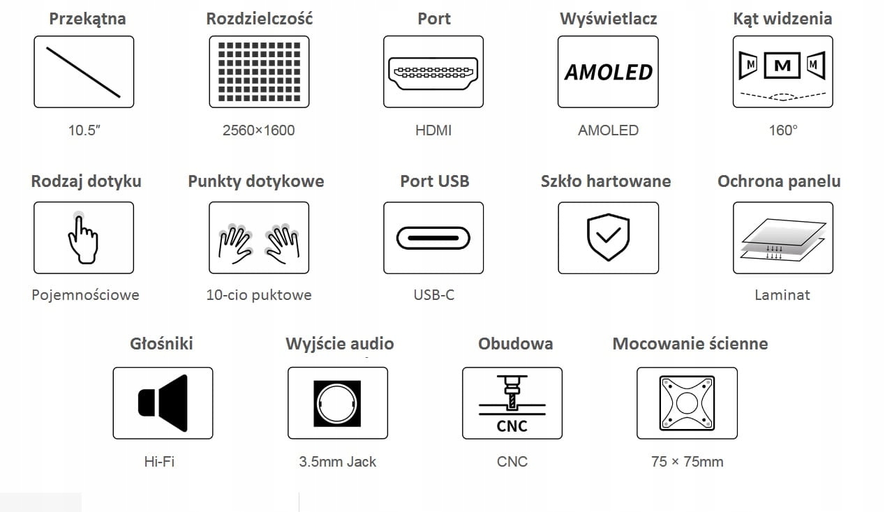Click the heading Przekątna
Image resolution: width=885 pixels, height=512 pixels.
87,19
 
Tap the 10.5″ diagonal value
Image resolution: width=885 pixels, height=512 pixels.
84,130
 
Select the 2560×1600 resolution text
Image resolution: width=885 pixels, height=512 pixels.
259,130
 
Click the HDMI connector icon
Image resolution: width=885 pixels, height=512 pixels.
433,72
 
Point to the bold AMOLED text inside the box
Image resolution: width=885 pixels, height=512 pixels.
608,72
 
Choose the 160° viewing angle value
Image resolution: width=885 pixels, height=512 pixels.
783,130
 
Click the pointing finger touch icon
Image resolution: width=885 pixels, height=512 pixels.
83,238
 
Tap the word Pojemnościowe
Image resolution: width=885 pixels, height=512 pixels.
85,295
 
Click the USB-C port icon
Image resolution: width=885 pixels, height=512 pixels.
433,238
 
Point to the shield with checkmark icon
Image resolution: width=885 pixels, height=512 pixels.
608,238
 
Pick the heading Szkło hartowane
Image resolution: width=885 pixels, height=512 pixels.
606,181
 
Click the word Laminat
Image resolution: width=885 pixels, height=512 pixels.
782,295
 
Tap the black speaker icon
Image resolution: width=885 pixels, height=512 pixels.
163,403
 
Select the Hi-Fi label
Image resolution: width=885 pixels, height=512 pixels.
159,462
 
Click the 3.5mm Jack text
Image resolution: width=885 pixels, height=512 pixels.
337,462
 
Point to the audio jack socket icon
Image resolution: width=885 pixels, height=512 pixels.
338,403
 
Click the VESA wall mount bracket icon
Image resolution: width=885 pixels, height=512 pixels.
687,403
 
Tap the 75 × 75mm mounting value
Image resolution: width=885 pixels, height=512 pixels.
687,462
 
